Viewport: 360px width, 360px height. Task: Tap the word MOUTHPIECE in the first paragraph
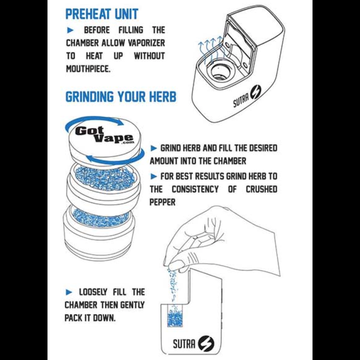[88, 69]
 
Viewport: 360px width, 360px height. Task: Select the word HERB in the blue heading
[163, 96]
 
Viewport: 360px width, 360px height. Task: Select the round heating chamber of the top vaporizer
[218, 72]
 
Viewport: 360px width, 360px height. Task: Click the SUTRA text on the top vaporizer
[241, 100]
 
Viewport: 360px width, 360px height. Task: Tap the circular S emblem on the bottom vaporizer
[206, 343]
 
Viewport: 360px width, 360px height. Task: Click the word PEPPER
[163, 202]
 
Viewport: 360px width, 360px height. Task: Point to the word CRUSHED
[261, 189]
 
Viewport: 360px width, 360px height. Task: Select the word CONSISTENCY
[195, 189]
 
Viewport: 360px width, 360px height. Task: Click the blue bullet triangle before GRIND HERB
[154, 148]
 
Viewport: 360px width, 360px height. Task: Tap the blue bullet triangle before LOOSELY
[69, 292]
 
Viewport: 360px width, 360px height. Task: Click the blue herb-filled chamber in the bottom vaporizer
[175, 317]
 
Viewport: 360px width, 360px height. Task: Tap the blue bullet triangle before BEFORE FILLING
[70, 30]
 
